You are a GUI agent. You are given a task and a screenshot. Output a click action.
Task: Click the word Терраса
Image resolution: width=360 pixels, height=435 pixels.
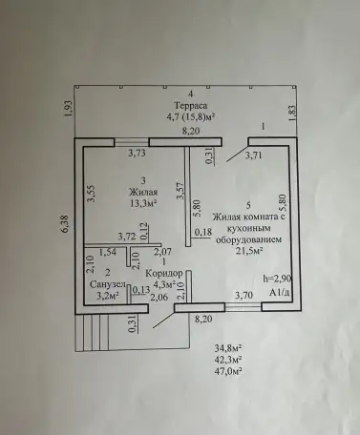click(x=191, y=105)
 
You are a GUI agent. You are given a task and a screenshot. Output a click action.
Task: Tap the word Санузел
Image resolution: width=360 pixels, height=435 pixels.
click(x=108, y=284)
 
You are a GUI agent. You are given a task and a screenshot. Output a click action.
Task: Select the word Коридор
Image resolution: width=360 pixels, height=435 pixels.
click(x=164, y=273)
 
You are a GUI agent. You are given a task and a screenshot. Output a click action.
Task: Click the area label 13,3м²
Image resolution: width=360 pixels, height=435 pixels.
click(x=143, y=203)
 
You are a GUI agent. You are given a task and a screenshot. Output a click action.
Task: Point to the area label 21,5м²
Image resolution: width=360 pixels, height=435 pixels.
click(x=249, y=251)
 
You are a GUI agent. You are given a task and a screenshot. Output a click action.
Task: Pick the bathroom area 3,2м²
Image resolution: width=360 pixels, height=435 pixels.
click(x=108, y=296)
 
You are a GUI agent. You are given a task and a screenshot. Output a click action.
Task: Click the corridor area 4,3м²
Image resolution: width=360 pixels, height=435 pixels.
click(x=165, y=284)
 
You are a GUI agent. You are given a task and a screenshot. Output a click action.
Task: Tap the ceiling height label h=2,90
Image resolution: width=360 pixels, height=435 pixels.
click(x=277, y=279)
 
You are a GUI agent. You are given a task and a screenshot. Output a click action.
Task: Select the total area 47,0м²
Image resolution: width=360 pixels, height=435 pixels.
click(x=228, y=371)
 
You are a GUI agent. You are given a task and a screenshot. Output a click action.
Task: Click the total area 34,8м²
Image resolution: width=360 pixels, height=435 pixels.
click(x=228, y=348)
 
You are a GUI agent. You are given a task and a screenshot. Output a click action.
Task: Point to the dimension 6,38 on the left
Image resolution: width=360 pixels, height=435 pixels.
click(x=66, y=224)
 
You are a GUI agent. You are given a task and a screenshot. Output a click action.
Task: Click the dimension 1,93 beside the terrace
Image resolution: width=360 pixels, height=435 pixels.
click(x=70, y=109)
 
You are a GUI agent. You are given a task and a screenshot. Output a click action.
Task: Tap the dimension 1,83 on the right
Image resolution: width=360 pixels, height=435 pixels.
click(x=292, y=114)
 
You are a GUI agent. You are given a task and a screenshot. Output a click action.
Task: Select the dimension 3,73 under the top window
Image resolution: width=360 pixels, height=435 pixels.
click(x=137, y=154)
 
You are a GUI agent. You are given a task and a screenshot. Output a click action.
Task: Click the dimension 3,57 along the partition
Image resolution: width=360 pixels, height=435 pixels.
click(x=180, y=191)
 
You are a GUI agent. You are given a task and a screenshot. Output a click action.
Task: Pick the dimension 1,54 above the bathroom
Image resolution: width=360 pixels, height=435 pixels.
click(x=107, y=252)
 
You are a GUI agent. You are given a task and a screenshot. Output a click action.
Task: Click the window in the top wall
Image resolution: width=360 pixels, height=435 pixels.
click(x=132, y=142)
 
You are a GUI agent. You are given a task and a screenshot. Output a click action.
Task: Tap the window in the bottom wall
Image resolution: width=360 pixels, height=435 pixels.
click(x=244, y=307)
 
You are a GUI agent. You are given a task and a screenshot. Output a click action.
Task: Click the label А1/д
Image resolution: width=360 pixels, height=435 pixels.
click(x=279, y=293)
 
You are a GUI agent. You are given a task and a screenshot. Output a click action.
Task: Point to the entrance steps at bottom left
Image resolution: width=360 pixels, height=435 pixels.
click(x=92, y=333)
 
